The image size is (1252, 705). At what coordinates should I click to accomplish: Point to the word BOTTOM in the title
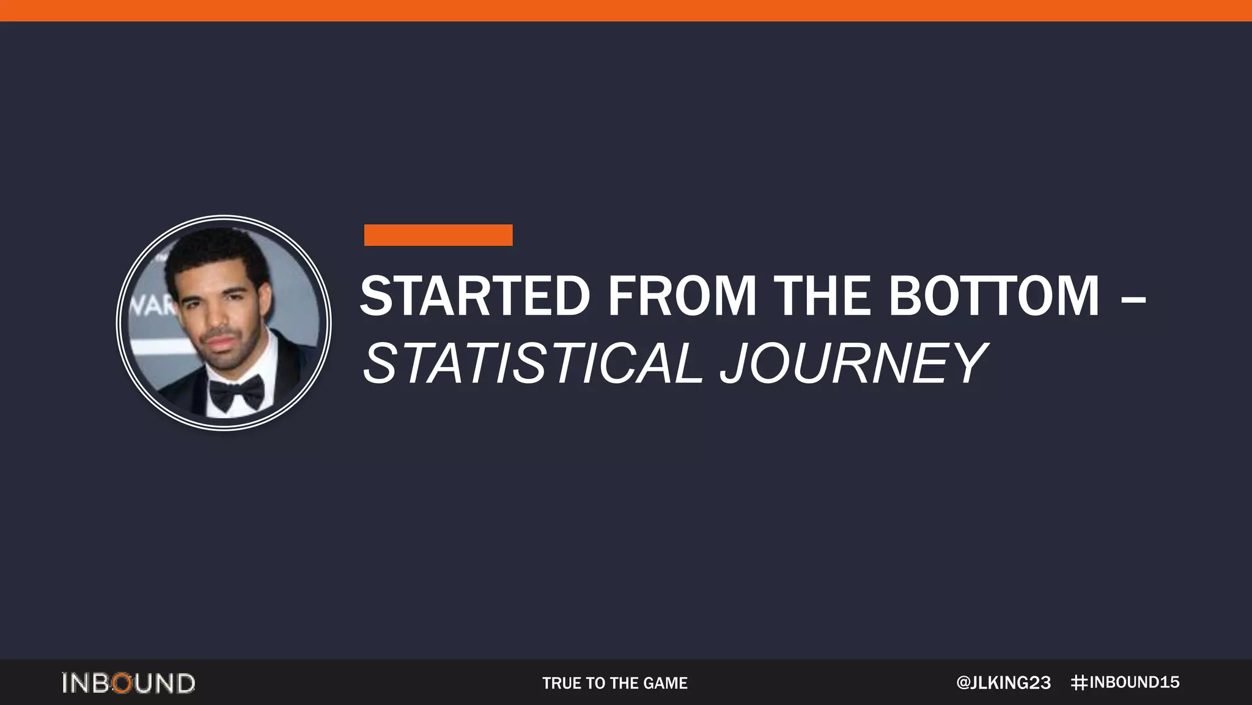[994, 296]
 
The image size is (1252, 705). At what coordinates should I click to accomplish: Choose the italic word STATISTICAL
[532, 364]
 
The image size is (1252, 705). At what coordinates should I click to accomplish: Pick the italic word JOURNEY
[853, 364]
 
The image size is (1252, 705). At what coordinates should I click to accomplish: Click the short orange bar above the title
[438, 235]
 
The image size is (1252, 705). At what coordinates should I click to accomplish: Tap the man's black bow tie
[237, 392]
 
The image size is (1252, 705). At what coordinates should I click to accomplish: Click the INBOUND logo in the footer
[128, 683]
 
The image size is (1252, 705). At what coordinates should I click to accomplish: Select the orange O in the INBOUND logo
[122, 683]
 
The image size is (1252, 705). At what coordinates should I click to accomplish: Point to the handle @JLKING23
[1003, 683]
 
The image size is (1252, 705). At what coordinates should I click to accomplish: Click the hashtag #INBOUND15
[1125, 682]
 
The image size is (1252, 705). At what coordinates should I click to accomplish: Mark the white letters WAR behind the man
[150, 304]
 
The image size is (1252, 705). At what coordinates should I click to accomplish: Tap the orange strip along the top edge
[626, 10]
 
